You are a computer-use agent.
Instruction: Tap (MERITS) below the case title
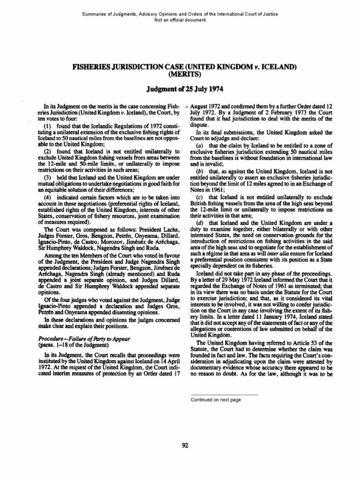[x=180, y=75]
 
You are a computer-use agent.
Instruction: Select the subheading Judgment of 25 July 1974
[x=180, y=89]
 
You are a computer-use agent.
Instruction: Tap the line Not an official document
[x=180, y=20]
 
